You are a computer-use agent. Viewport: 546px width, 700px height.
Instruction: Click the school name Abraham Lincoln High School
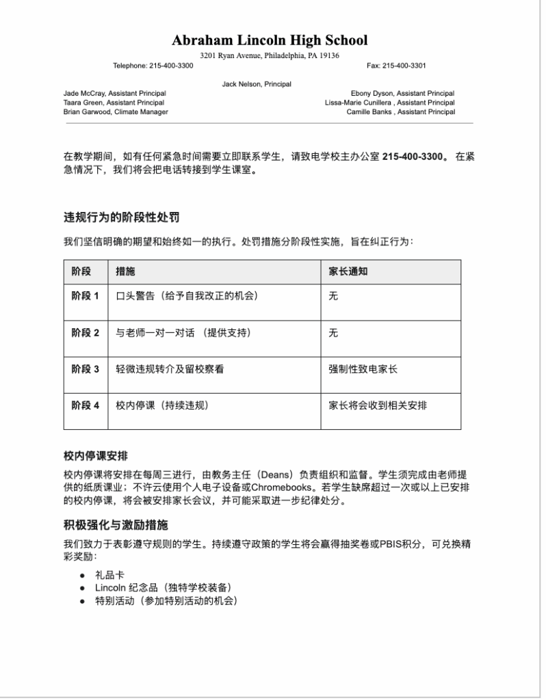[270, 40]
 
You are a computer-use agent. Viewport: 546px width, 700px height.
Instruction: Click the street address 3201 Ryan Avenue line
[270, 55]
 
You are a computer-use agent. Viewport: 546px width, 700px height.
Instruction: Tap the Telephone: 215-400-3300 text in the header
[153, 66]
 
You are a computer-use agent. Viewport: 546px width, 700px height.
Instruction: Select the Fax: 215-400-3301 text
[396, 66]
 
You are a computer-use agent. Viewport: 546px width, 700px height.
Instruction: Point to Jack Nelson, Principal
[257, 84]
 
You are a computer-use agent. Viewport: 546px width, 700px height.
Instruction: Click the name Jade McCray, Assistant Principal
[114, 93]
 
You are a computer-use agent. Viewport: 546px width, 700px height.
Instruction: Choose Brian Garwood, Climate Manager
[116, 111]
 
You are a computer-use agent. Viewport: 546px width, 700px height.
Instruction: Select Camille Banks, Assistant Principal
[400, 111]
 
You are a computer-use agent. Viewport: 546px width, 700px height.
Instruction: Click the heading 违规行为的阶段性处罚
[122, 218]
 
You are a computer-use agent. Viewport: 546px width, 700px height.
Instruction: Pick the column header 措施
[125, 271]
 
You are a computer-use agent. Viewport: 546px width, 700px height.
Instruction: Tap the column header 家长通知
[348, 271]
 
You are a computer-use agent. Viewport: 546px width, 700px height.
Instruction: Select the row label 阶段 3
[86, 369]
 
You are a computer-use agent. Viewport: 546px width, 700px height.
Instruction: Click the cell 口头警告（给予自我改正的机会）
[187, 296]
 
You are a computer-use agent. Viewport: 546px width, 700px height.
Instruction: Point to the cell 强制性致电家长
[363, 369]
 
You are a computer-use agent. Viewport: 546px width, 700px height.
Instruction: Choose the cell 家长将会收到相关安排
[378, 405]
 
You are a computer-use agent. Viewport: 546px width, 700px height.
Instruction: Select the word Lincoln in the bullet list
[110, 589]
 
